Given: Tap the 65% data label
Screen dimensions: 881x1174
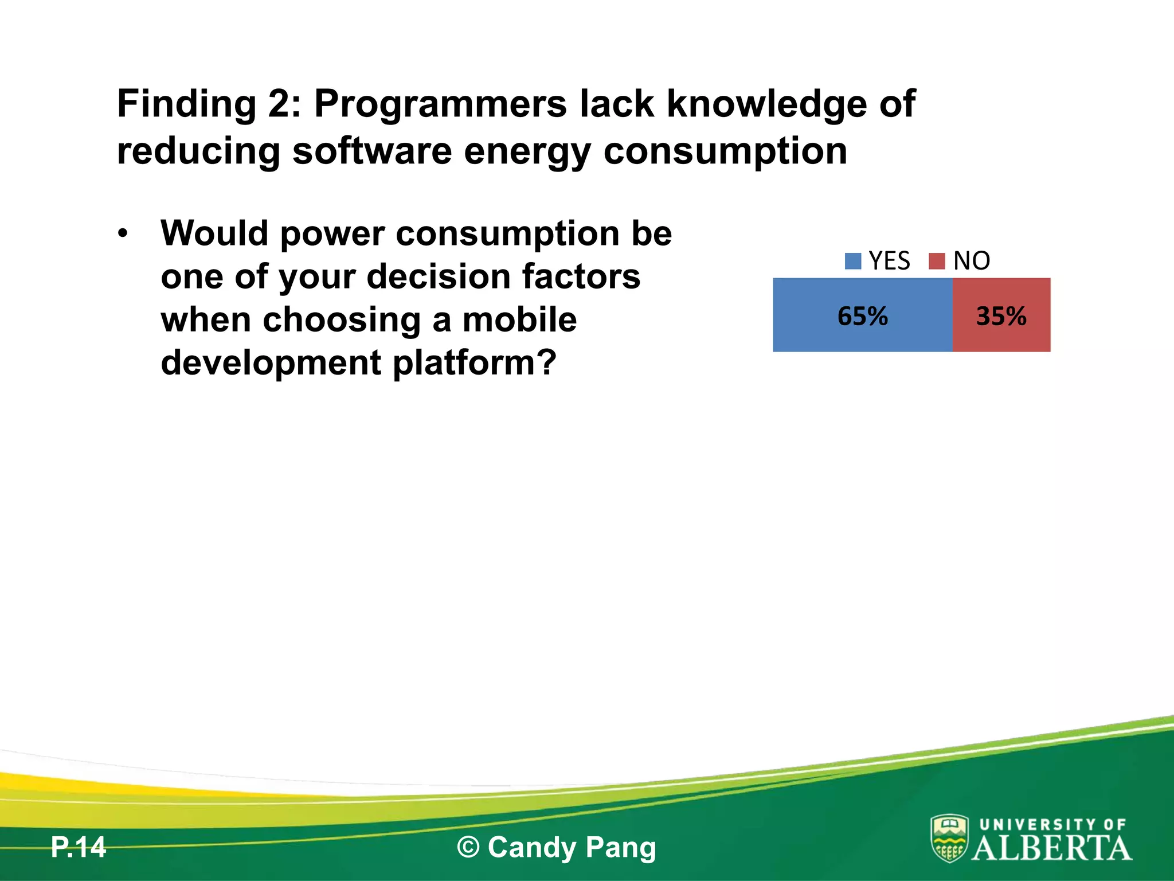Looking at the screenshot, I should coord(862,316).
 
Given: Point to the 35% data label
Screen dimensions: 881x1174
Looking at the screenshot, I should coord(1001,316).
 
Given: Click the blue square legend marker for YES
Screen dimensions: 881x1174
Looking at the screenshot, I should coord(853,261).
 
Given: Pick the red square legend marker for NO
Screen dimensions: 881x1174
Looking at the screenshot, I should coord(936,261).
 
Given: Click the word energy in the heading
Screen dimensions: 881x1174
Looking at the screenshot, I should coord(527,152).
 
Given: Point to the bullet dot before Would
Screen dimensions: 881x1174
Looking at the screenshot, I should coord(122,234).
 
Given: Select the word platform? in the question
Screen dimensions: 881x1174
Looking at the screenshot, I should coord(474,363).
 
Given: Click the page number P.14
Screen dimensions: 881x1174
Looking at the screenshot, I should coord(79,847).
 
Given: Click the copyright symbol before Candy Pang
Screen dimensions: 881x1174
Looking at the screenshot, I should coord(468,847).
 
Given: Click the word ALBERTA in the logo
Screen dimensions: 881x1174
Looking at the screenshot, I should coord(1052,848).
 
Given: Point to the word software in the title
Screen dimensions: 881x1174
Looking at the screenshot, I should coord(372,152).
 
